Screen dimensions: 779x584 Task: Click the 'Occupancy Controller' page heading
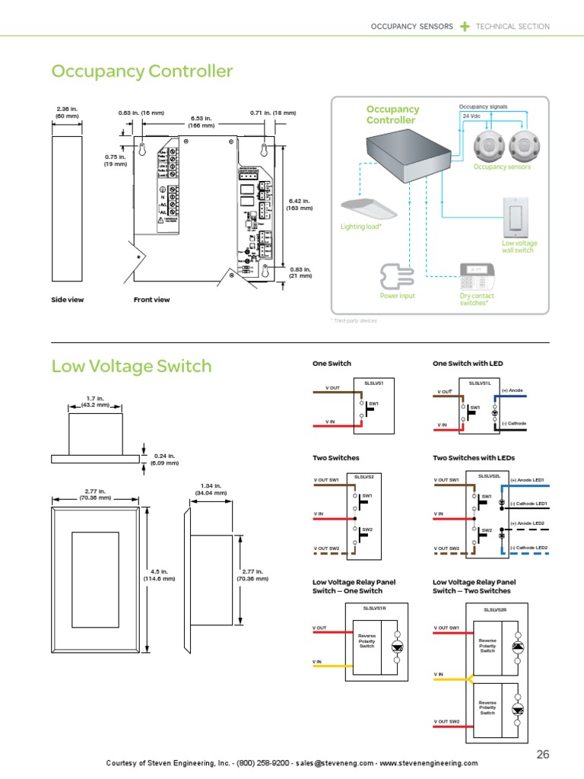(x=141, y=72)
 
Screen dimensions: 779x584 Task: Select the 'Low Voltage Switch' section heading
(x=131, y=366)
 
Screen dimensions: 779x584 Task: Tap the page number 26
(x=542, y=754)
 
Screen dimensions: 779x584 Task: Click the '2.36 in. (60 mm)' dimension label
(x=67, y=112)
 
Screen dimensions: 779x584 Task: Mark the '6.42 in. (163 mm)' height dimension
(x=299, y=204)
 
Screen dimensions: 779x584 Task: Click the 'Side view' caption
(x=67, y=300)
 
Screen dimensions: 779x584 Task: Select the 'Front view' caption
(x=151, y=300)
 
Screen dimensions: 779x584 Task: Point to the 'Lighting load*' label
(x=360, y=227)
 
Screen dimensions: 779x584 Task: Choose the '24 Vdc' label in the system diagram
(x=471, y=116)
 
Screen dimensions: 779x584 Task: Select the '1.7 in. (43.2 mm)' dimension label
(x=95, y=402)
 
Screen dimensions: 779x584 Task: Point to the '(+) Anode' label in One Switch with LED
(x=513, y=390)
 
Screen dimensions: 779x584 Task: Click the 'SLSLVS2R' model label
(x=496, y=609)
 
